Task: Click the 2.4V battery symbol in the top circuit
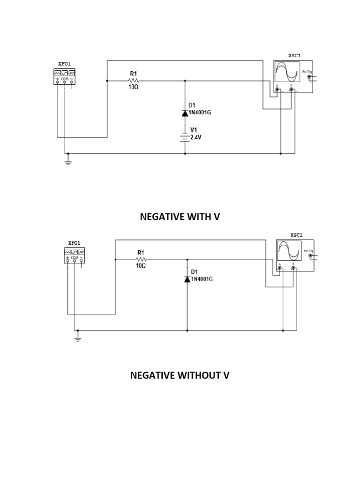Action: (x=185, y=137)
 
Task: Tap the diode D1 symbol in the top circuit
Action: (x=185, y=113)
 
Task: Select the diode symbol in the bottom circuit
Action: (x=187, y=279)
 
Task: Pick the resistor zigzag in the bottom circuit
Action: (x=141, y=259)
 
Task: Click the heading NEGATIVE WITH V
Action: (x=180, y=217)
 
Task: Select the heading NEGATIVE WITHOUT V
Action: (x=180, y=375)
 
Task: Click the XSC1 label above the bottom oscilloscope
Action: (x=296, y=235)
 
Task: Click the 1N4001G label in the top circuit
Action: (x=200, y=113)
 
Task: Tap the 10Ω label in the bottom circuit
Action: (x=141, y=266)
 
